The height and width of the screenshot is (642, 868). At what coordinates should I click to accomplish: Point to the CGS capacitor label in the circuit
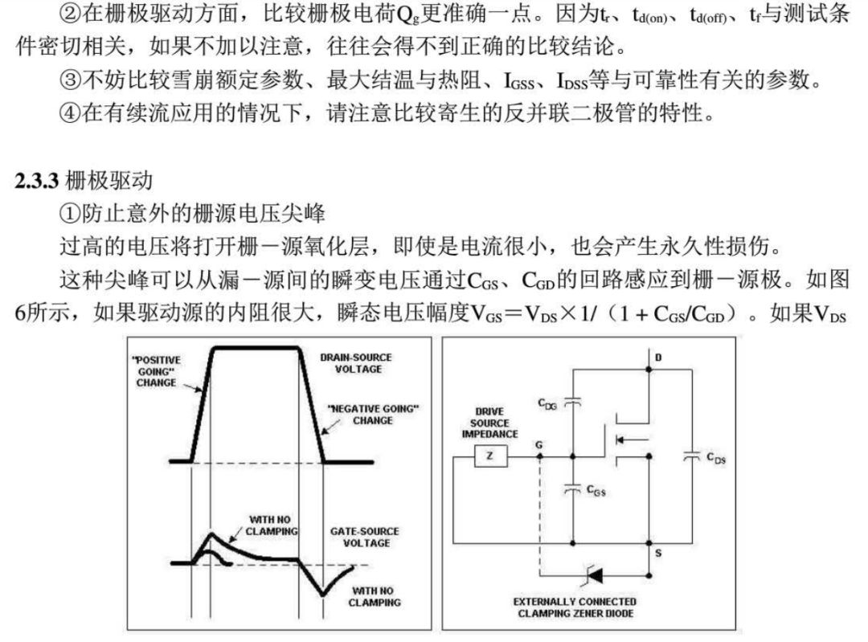(596, 489)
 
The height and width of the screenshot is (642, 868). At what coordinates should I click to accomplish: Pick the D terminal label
(658, 357)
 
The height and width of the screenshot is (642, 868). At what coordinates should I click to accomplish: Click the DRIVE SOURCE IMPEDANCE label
(489, 423)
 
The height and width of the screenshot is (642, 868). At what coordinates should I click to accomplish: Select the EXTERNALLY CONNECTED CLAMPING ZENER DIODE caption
(574, 607)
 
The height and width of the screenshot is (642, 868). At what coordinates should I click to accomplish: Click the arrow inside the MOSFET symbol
(625, 439)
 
